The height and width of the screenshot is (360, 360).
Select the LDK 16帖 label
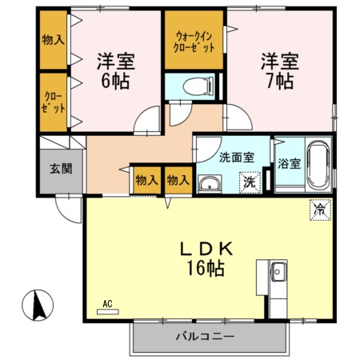click(x=206, y=258)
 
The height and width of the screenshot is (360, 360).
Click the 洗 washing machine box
click(x=251, y=182)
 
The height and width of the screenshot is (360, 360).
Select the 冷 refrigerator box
click(x=318, y=210)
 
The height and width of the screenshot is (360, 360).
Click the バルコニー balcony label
click(x=206, y=337)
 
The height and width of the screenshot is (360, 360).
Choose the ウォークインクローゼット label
click(x=194, y=42)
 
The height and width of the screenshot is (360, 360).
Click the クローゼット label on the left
click(x=53, y=102)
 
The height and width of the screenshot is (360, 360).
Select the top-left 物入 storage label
click(x=53, y=39)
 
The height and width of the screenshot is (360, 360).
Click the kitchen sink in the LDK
click(x=278, y=273)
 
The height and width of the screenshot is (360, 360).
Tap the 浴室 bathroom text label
click(x=290, y=164)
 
